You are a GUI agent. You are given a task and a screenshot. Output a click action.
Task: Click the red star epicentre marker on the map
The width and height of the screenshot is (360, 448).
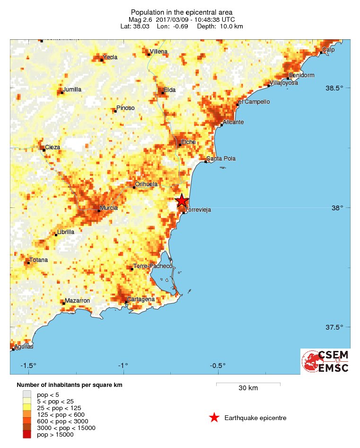tap(182, 201)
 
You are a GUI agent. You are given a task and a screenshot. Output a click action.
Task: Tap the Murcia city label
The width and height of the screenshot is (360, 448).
tap(109, 207)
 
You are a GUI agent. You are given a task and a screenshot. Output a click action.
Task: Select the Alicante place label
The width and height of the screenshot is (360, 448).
tap(233, 122)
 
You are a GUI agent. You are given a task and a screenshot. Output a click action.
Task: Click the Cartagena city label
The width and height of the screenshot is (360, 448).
tap(141, 299)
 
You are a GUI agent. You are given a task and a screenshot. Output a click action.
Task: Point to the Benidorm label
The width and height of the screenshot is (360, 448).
tap(301, 75)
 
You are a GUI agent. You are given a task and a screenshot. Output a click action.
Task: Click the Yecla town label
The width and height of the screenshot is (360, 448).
tap(110, 57)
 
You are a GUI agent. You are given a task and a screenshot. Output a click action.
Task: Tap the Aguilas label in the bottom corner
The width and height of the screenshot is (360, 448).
tap(24, 347)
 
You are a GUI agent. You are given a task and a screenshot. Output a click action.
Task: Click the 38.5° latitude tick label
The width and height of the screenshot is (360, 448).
tap(340, 88)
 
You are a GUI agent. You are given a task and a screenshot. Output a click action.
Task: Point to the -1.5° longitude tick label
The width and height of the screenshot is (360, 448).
tap(28, 365)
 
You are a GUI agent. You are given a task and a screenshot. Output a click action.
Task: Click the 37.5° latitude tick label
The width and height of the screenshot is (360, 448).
tap(340, 327)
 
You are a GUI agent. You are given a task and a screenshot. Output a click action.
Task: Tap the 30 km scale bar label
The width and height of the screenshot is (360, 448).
tap(248, 388)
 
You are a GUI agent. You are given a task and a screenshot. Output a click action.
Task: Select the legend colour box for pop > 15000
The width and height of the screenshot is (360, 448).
tap(26, 434)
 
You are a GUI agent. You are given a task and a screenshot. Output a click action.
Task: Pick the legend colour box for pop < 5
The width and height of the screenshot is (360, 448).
tap(26, 394)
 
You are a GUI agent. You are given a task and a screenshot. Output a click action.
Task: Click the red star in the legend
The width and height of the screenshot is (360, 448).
tap(214, 418)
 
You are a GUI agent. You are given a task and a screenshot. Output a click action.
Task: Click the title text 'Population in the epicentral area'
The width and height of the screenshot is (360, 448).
tap(182, 12)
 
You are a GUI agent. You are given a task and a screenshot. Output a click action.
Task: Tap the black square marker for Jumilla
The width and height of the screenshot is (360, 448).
tap(61, 92)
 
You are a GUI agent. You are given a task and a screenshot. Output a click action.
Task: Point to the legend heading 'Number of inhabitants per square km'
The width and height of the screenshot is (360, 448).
tap(70, 385)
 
